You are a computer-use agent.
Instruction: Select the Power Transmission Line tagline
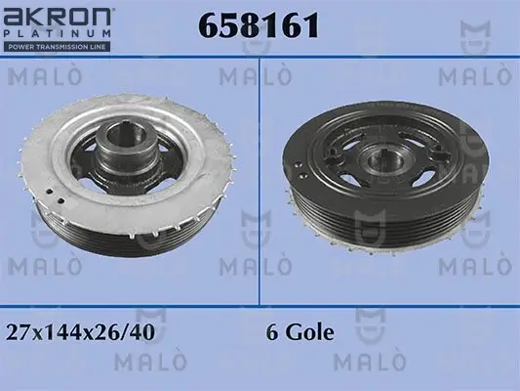tap(59, 46)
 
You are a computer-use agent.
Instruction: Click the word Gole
tap(309, 331)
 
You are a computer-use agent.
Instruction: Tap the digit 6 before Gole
tap(272, 331)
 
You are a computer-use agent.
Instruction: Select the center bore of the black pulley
tap(376, 159)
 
